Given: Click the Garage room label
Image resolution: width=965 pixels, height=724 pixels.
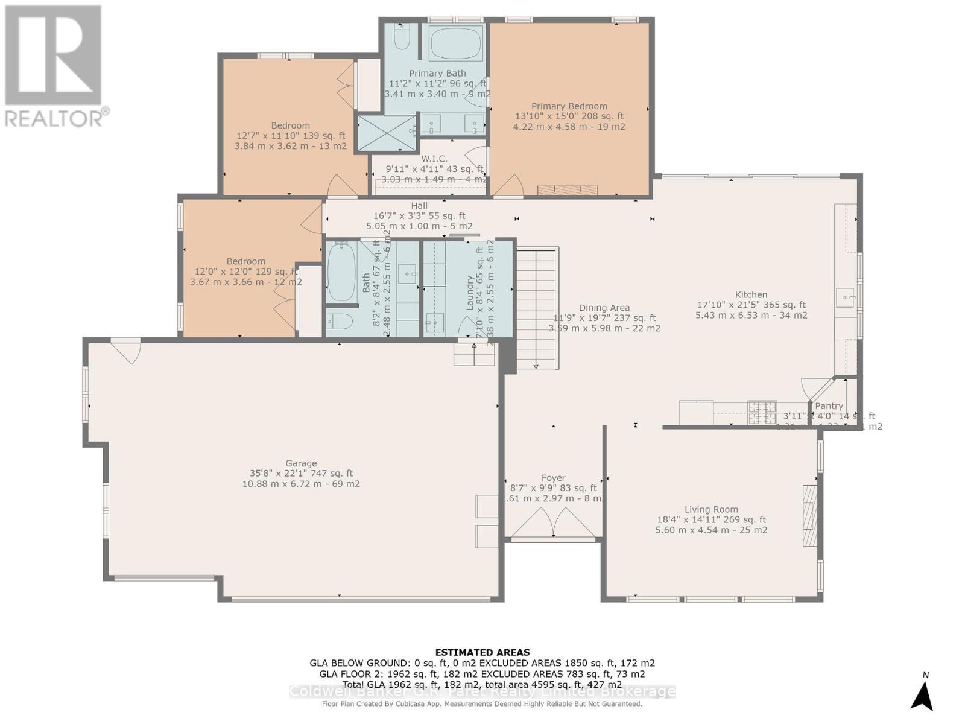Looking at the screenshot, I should [x=301, y=463].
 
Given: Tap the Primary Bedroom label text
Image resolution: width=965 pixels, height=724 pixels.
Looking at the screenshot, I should [x=569, y=106].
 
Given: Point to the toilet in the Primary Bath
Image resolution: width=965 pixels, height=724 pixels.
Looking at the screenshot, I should [x=402, y=37].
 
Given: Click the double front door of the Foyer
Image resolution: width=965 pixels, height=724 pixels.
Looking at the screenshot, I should [x=554, y=522].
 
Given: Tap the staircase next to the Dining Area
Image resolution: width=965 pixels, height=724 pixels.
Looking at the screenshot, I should [x=536, y=308].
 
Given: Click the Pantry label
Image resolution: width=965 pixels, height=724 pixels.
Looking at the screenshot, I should [x=829, y=406].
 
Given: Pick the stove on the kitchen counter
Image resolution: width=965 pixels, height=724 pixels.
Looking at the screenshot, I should [x=762, y=413].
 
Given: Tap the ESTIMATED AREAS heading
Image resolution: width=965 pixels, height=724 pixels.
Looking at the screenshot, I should [x=482, y=652].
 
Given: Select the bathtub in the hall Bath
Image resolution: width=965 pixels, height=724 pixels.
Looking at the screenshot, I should [x=341, y=272].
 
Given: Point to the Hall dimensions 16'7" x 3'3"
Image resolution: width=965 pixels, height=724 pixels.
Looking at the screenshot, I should [x=419, y=216].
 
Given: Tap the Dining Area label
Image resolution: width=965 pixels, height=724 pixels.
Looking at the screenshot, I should [x=604, y=308].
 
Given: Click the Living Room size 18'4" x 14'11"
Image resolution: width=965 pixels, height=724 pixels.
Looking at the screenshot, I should [x=711, y=519].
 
